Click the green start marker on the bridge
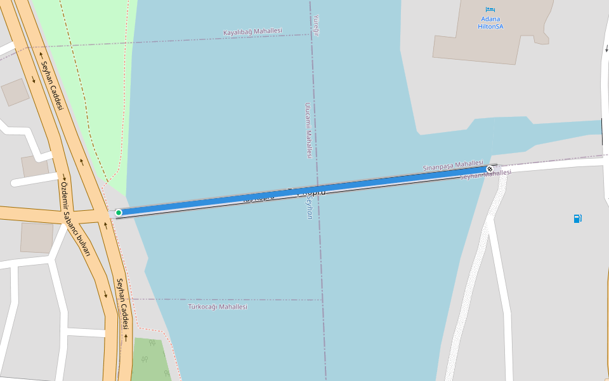119,213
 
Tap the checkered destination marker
490,169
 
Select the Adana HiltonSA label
491,23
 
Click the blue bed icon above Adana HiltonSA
490,10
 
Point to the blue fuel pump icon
577,218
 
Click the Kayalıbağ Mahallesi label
252,32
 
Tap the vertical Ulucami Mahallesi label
308,130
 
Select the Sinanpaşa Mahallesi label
452,165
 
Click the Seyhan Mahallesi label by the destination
486,174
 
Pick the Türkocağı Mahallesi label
218,307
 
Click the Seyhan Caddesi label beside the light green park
52,85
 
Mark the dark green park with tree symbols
149,359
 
